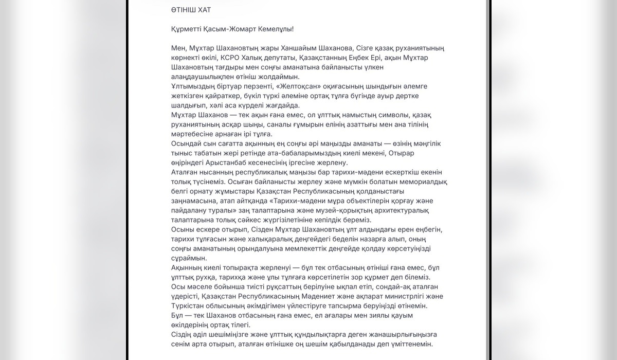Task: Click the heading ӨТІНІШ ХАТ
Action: pyautogui.click(x=192, y=10)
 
